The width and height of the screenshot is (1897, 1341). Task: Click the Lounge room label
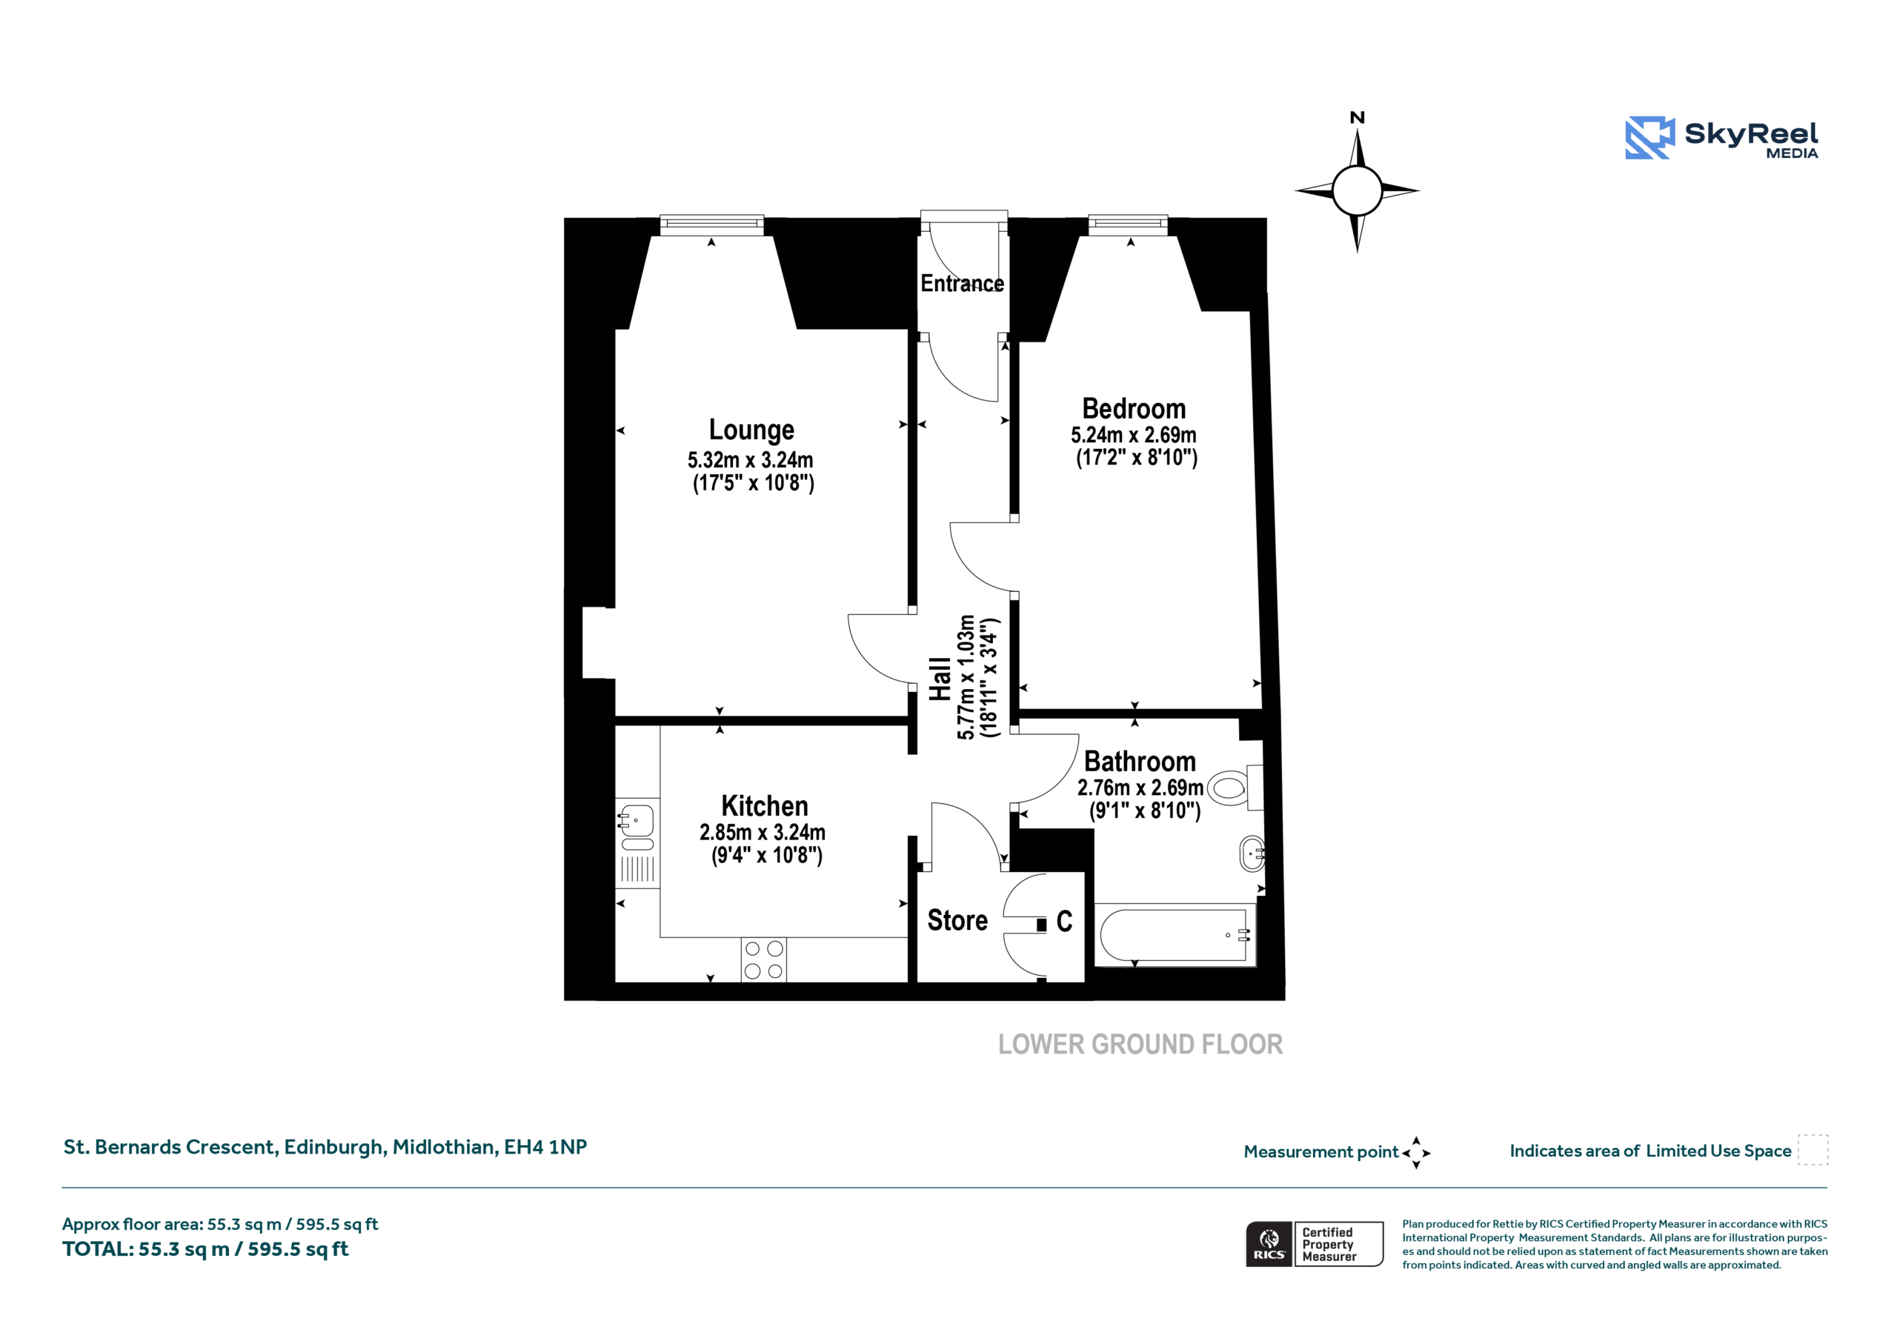(751, 430)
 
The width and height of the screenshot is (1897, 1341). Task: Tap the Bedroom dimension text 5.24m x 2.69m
(1134, 435)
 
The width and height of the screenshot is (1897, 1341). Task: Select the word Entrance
(963, 284)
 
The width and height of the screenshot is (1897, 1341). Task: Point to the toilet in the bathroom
(1236, 788)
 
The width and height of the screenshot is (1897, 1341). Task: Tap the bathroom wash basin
(1252, 853)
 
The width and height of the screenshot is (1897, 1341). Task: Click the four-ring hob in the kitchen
(763, 960)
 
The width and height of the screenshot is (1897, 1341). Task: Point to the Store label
(957, 919)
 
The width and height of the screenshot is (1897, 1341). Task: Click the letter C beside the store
(1064, 920)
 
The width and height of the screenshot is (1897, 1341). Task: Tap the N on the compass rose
(1357, 118)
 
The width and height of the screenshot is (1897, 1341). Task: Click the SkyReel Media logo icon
(1650, 137)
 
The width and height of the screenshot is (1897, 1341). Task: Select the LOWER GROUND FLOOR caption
(1140, 1045)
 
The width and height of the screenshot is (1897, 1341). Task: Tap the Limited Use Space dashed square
(1813, 1150)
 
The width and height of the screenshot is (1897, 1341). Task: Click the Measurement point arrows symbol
(1416, 1153)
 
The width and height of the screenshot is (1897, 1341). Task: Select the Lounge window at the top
(711, 224)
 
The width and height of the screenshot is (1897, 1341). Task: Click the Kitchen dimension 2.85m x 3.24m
(762, 832)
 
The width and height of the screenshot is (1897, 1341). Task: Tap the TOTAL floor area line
(206, 1249)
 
